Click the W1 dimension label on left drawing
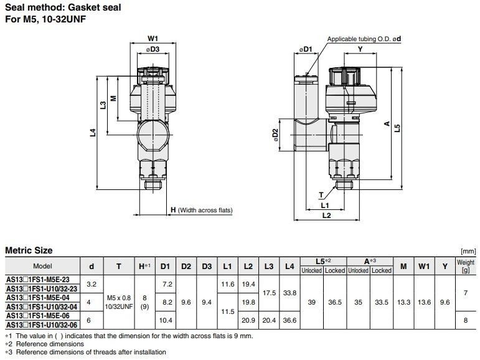point(153,38)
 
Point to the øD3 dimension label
point(153,49)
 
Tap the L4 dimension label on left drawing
point(92,132)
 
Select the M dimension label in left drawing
point(113,98)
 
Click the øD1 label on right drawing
point(304,49)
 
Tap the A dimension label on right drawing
point(387,124)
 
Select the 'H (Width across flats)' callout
point(201,211)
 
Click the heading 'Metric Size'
point(29,250)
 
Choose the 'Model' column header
point(42,267)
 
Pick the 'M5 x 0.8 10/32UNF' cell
point(119,301)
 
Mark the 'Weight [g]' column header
point(466,267)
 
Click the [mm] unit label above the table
point(468,251)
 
